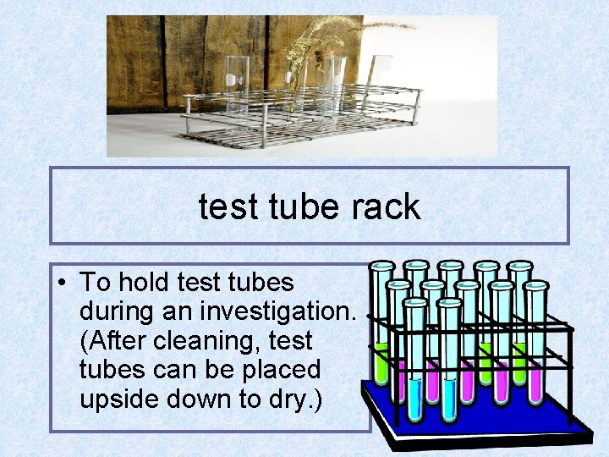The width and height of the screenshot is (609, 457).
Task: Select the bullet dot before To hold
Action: tap(65, 282)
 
